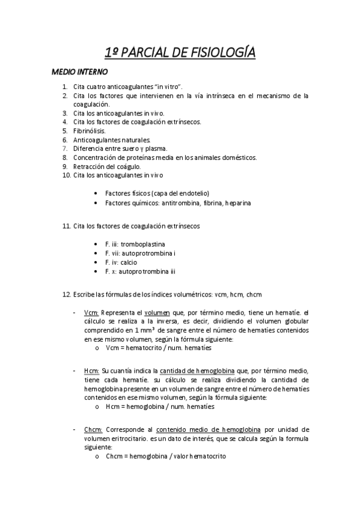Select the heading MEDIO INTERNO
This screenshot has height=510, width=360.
[79, 72]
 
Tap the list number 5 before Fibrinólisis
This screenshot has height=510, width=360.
[65, 131]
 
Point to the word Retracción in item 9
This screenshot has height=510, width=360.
[89, 167]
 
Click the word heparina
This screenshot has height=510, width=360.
[238, 203]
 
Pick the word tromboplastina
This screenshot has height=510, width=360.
[143, 244]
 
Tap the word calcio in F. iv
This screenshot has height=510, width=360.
[129, 262]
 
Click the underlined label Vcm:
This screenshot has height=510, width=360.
[91, 313]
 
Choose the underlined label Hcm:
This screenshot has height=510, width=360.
[91, 370]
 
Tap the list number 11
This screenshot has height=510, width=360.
[66, 226]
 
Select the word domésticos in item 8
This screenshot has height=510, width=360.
[240, 158]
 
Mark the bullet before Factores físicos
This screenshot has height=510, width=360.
[97, 194]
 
